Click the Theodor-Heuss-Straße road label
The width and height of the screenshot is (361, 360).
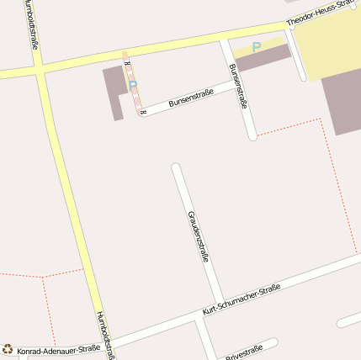point(318,12)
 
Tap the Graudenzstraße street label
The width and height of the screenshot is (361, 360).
point(198,236)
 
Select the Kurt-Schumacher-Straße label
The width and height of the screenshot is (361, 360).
point(241,300)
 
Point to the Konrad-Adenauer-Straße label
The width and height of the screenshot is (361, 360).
point(58,348)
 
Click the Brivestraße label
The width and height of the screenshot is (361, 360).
point(244,352)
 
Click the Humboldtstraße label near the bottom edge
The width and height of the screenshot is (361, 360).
point(104,335)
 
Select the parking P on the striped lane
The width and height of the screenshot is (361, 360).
point(132,85)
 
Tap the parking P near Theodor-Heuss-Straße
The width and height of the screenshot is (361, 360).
point(257,47)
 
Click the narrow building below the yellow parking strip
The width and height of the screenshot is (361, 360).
point(263,58)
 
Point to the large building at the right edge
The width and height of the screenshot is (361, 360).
point(343,101)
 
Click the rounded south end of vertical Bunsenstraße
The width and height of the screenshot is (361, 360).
point(252,135)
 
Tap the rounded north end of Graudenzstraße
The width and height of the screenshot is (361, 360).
point(176,167)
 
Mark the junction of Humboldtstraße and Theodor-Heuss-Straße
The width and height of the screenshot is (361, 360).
point(40,66)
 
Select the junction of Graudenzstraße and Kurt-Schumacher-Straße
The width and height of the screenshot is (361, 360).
point(218,300)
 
